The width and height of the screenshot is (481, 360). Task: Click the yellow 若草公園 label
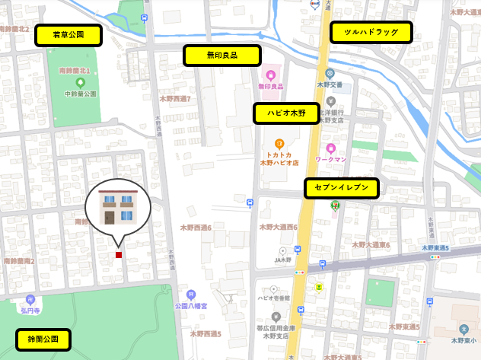tap(68, 35)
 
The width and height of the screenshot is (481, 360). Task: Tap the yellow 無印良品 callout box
tap(222, 56)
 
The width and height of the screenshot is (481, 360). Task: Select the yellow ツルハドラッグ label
tap(371, 32)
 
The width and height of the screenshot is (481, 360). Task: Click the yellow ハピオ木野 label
tap(286, 113)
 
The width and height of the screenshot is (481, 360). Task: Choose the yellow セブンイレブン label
tap(341, 188)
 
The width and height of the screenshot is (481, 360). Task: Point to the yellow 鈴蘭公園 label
tap(43, 339)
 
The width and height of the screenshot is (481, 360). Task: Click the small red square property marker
tap(118, 255)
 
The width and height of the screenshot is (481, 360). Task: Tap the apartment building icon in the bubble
tap(118, 208)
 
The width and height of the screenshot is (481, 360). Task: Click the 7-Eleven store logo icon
tap(334, 205)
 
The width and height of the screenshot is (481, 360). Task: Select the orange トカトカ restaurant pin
tap(279, 143)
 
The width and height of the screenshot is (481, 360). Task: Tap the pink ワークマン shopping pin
tap(331, 148)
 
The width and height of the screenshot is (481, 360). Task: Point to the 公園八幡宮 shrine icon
tap(191, 294)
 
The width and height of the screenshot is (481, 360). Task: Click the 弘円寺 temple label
tap(30, 311)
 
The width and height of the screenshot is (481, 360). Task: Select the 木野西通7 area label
tap(174, 99)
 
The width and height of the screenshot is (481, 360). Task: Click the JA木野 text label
tap(283, 260)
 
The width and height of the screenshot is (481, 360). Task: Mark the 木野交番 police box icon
tap(330, 73)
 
